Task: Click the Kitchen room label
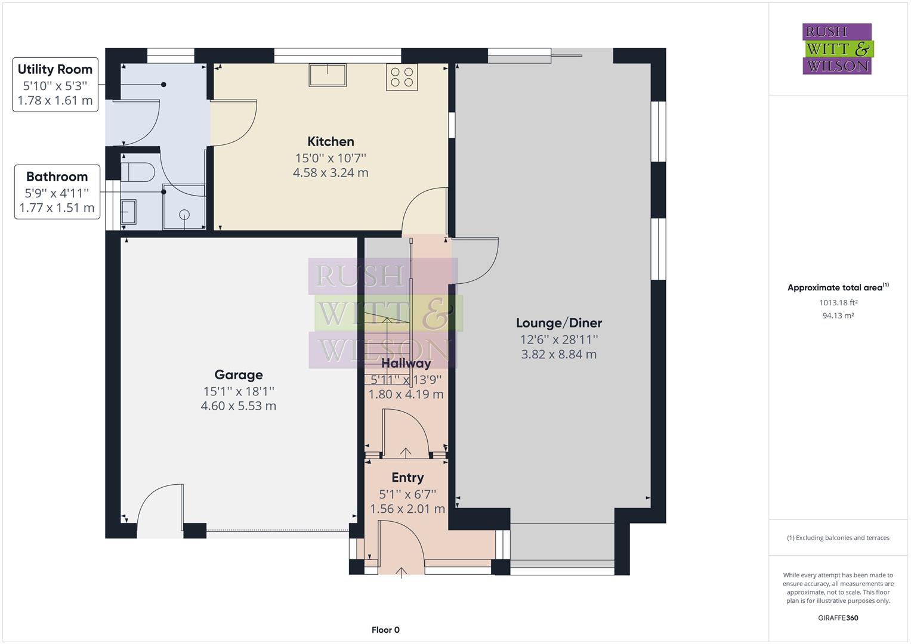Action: (331, 141)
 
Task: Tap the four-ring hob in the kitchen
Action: (402, 78)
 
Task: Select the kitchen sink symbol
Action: (328, 75)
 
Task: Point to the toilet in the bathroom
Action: (138, 172)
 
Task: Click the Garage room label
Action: (239, 374)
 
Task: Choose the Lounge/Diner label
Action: (559, 323)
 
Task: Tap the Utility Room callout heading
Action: (55, 70)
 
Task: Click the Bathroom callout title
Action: (57, 177)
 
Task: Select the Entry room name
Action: (407, 477)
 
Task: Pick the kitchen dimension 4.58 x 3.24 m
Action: (331, 173)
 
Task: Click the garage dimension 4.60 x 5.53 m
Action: (239, 405)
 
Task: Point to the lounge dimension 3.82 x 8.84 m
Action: (559, 354)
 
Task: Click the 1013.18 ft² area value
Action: (838, 302)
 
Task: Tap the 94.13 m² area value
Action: (838, 315)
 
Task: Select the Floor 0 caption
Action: (385, 630)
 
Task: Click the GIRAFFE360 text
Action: (838, 618)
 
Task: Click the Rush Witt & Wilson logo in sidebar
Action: (838, 49)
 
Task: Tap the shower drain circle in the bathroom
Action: (184, 214)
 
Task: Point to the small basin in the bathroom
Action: (128, 212)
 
